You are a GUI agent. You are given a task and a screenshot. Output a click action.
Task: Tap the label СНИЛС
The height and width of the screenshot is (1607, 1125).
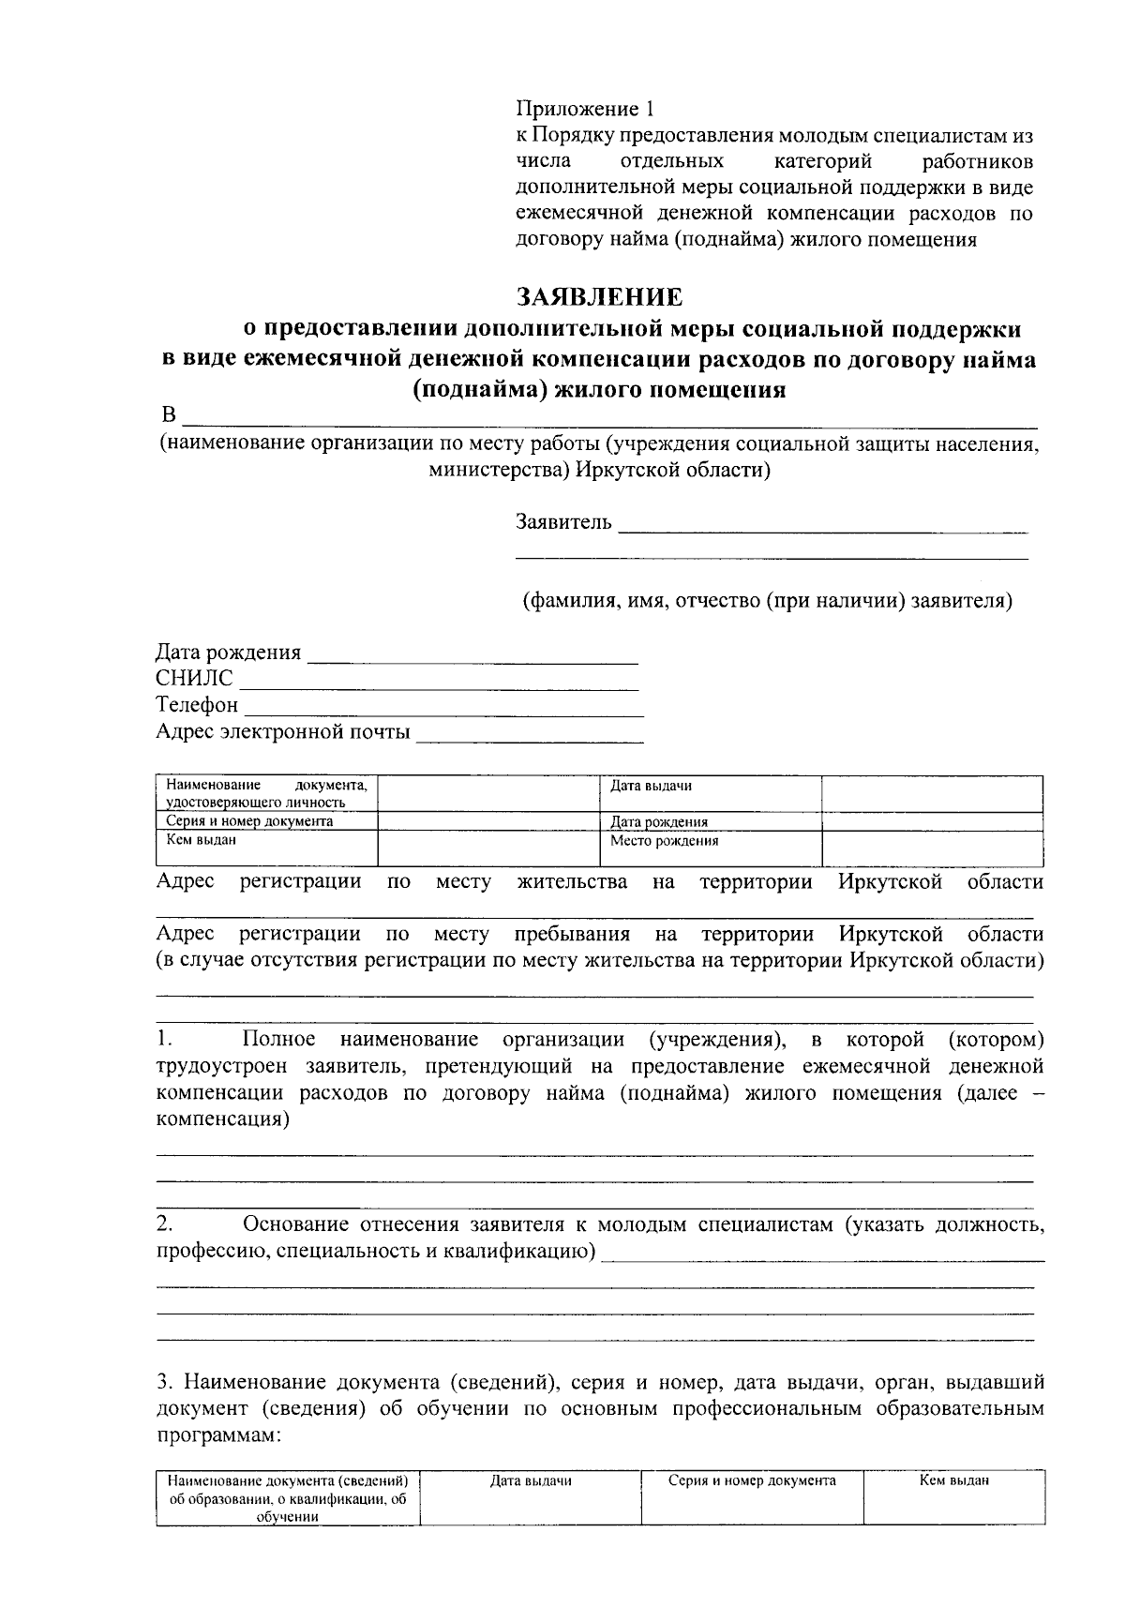coord(194,678)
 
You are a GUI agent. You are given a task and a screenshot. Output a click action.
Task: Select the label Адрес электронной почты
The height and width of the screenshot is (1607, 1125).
coord(282,731)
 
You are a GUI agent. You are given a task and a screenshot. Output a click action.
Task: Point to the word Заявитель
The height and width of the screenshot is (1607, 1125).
coord(563,521)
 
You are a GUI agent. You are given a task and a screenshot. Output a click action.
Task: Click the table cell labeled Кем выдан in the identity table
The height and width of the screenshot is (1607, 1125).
coord(266,848)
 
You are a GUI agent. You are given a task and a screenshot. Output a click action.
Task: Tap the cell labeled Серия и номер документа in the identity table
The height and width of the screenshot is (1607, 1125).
coord(266,821)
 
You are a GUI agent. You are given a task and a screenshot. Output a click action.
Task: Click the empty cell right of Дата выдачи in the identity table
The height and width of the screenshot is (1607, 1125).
coord(932,793)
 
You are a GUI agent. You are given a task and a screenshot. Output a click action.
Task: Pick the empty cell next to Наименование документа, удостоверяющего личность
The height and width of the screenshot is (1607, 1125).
coord(487,793)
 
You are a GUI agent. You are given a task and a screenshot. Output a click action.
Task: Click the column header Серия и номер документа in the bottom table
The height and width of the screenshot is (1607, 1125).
coord(752,1481)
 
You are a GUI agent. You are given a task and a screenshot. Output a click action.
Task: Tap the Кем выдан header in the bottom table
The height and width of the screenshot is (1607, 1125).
coord(953,1481)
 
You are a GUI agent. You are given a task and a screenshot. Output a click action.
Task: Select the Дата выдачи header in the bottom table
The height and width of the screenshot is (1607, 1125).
coord(531,1481)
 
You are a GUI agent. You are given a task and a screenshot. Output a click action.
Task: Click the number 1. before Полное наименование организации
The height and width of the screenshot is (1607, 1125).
coord(164,1040)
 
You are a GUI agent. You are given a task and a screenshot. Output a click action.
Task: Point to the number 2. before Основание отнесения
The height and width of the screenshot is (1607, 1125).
coord(164,1224)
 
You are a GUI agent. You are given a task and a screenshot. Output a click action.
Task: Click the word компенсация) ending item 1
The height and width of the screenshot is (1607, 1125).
coord(222,1119)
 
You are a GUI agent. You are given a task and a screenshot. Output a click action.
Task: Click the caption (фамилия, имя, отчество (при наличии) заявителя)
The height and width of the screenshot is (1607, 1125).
coord(767,600)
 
